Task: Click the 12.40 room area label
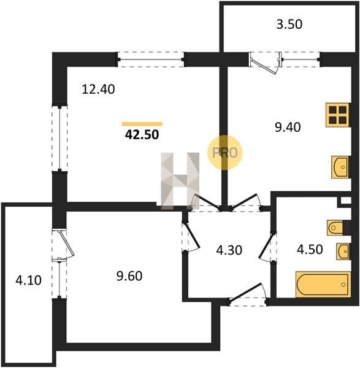(98, 90)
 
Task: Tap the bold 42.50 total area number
(142, 135)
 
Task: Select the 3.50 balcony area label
(289, 25)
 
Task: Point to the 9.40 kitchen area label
(288, 128)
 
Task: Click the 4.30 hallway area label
(229, 250)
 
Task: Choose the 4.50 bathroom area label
(310, 249)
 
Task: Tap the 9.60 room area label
(129, 276)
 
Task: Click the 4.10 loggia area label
(28, 280)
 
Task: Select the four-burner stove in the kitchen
(338, 115)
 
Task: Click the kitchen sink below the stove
(341, 167)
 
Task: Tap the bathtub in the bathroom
(323, 285)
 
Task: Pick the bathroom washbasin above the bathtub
(344, 251)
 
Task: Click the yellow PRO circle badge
(224, 152)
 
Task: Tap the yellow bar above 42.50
(142, 124)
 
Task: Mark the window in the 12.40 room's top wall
(151, 59)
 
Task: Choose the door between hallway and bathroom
(268, 247)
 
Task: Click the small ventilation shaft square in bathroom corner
(345, 201)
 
